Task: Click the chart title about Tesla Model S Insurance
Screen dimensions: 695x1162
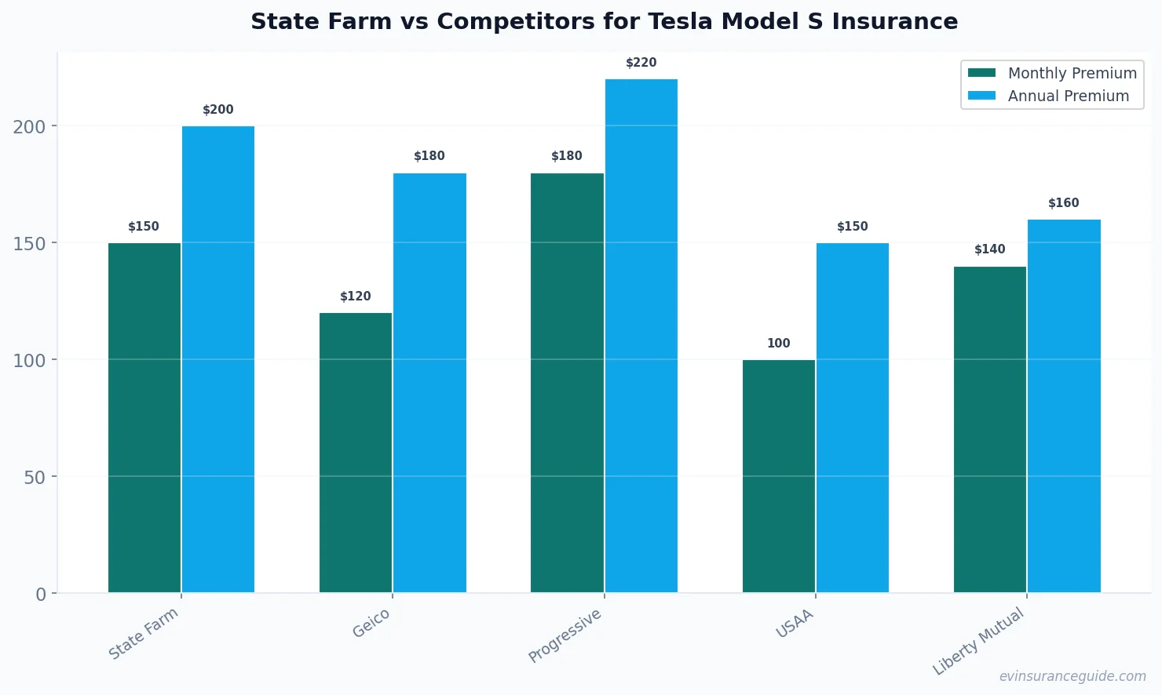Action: pos(604,21)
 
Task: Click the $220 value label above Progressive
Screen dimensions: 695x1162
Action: pos(641,63)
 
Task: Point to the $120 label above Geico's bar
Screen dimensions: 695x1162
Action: pos(356,297)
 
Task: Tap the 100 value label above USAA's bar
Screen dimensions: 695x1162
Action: pos(778,344)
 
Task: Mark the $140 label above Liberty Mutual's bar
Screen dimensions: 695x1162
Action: pos(989,249)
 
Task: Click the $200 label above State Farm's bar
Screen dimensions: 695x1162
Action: pos(218,110)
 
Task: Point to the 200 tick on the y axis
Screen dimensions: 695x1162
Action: pos(29,126)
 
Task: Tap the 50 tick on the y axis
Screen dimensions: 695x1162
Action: pos(35,477)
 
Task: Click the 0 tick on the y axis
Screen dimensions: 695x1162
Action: pos(41,595)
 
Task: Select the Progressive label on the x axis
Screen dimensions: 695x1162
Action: pos(565,635)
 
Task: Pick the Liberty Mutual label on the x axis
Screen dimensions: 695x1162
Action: pos(979,641)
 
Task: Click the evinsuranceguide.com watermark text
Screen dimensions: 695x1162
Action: pos(1072,676)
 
